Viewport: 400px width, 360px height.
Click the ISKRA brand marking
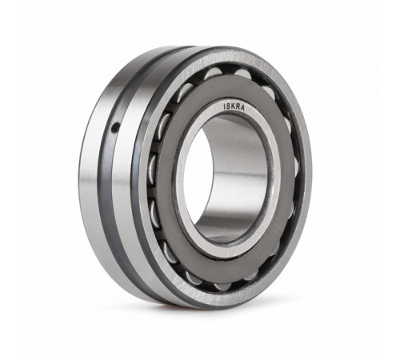point(234,106)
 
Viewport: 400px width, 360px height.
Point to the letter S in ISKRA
point(228,106)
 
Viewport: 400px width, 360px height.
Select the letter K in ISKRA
point(233,106)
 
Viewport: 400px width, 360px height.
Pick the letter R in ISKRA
point(238,106)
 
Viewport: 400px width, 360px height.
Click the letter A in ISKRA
point(242,108)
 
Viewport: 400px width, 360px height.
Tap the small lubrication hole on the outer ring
point(115,128)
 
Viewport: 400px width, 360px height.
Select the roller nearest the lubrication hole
point(164,126)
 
